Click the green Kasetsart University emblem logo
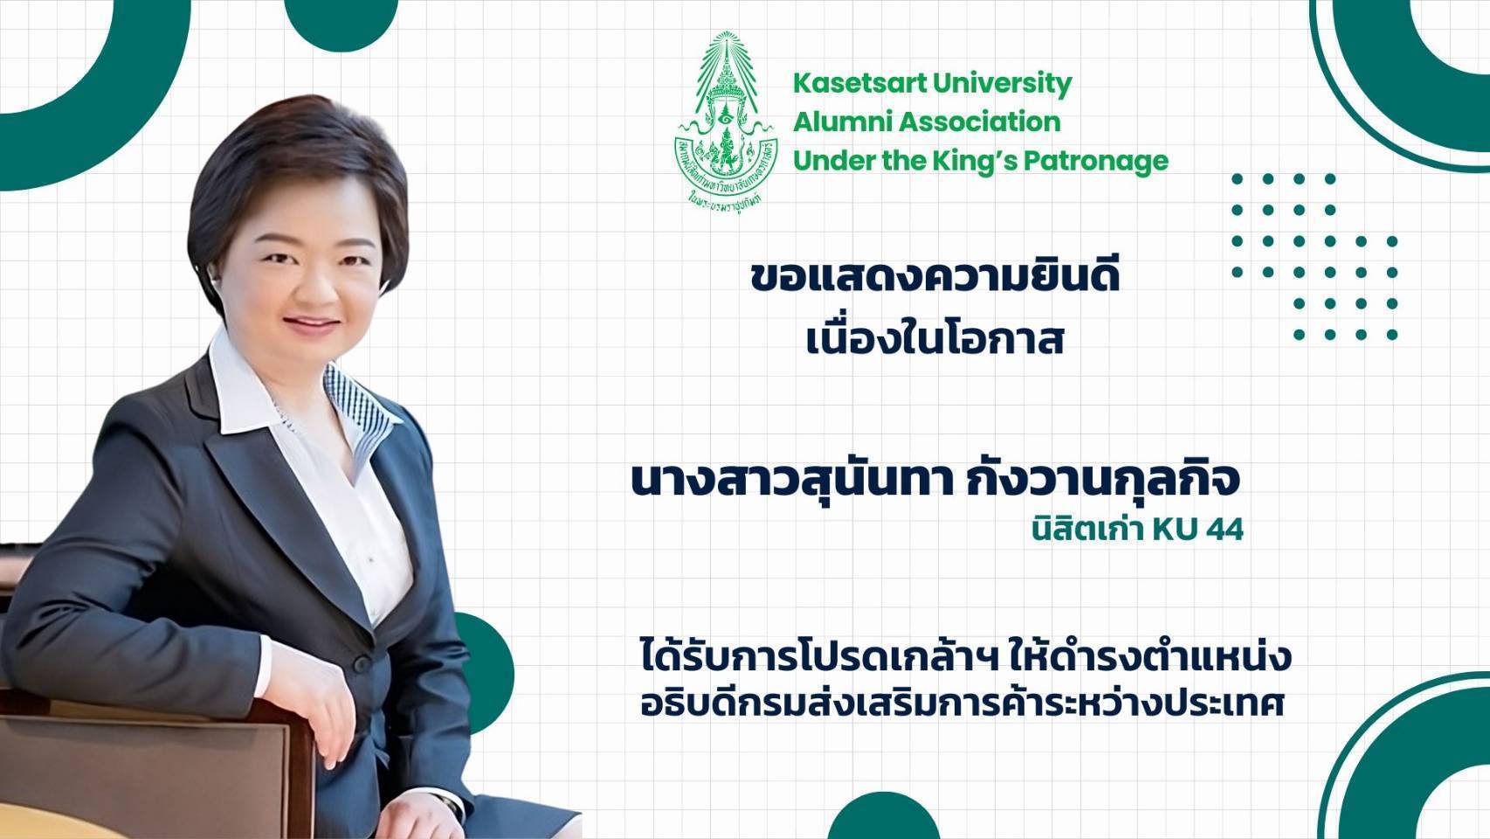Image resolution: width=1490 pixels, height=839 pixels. pos(726,124)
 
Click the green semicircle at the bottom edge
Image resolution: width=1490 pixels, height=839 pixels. pos(883,819)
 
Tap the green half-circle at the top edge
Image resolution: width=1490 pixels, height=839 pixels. pos(341,24)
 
